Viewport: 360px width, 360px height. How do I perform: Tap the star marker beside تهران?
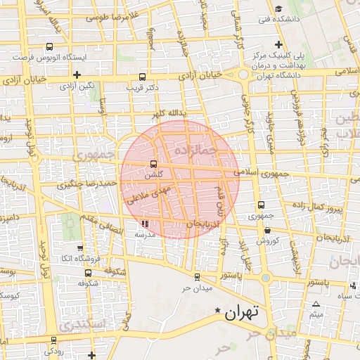click(x=217, y=310)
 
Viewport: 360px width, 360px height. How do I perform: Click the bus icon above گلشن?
click(x=153, y=164)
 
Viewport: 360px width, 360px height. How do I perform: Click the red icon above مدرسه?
click(x=145, y=224)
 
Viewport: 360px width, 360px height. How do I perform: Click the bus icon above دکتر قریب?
click(x=143, y=77)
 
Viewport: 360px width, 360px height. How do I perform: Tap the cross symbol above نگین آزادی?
click(x=77, y=74)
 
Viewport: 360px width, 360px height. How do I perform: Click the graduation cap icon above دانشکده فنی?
click(x=279, y=9)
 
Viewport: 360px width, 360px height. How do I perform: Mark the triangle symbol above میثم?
click(x=316, y=304)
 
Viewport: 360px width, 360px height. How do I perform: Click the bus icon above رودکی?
click(x=53, y=340)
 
